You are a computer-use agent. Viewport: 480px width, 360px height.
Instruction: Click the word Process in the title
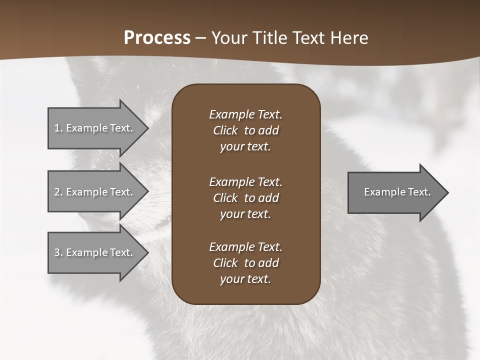pos(157,38)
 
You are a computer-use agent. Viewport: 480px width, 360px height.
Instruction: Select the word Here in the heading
pos(349,38)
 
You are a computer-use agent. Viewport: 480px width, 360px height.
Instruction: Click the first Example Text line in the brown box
pos(245,114)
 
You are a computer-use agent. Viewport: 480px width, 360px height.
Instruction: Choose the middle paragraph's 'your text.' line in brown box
pos(245,214)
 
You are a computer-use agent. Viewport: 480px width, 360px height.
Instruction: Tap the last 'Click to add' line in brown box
pos(245,263)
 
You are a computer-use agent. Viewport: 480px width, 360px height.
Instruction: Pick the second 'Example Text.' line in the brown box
pos(245,181)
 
